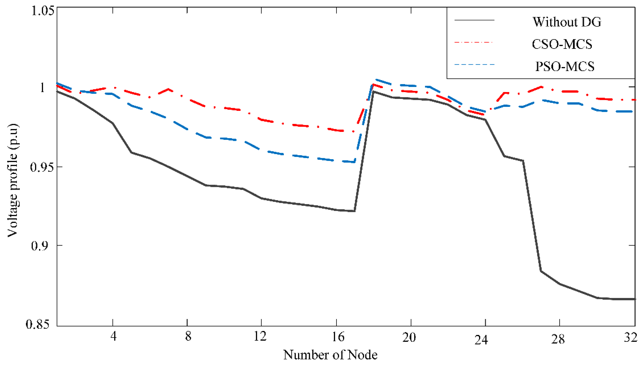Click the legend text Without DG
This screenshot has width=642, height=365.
(567, 22)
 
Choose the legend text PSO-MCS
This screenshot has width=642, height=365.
(565, 66)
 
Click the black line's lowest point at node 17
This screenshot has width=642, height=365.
(354, 211)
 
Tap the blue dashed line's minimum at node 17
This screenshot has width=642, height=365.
(354, 162)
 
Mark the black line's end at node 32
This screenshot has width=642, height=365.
(634, 299)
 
